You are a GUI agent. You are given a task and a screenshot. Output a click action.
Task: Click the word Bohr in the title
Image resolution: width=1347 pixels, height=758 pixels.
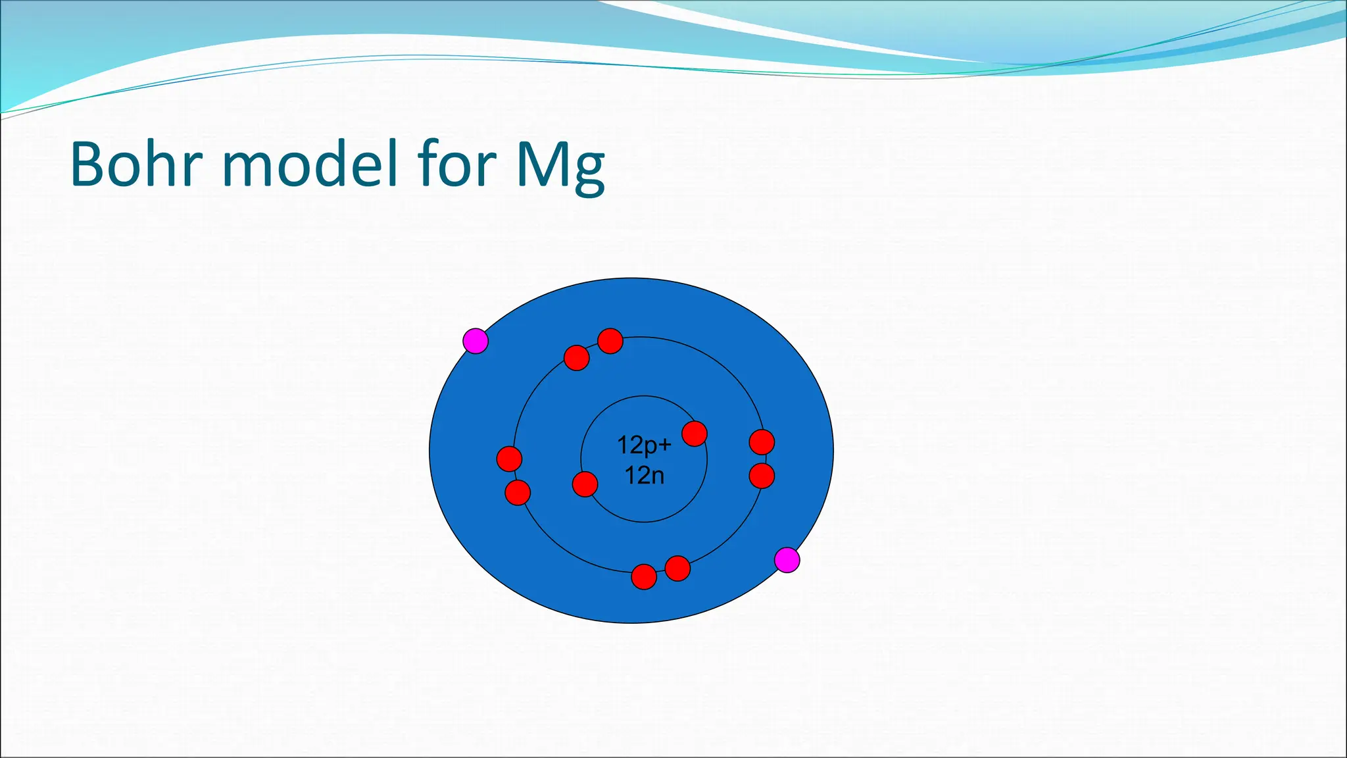point(135,164)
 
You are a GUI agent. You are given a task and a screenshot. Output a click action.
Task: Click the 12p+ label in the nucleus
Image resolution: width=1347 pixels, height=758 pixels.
point(644,445)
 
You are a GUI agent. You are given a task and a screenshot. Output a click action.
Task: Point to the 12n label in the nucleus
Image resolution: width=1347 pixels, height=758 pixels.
point(644,475)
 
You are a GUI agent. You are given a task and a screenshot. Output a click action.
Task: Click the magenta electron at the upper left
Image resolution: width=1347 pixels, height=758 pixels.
point(476,341)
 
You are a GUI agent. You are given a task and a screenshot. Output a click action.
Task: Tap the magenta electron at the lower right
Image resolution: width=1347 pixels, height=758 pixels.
point(787,560)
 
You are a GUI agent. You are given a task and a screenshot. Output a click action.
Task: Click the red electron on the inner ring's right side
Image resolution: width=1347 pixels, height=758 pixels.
point(695,434)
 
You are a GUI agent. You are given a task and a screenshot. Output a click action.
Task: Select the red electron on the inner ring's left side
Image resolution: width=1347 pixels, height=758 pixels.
point(585,484)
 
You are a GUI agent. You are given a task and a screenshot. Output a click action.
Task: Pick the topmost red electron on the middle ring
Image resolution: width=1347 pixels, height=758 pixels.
point(610,341)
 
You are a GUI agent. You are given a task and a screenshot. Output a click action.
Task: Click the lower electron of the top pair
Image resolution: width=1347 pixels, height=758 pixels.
point(577,358)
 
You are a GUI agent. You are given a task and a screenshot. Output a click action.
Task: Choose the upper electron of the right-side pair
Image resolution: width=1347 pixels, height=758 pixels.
point(762,442)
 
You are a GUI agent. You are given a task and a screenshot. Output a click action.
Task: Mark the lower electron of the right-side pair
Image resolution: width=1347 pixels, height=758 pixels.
point(762,476)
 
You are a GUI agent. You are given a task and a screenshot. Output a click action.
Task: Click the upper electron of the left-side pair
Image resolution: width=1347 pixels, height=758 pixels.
point(509,459)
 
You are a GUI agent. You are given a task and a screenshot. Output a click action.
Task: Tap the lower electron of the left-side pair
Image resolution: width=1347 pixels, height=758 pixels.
point(518,492)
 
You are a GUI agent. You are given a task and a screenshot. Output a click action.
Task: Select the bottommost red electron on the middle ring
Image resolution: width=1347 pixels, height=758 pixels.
point(644,577)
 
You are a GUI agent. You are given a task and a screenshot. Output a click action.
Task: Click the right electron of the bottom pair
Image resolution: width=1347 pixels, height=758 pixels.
point(677,568)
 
